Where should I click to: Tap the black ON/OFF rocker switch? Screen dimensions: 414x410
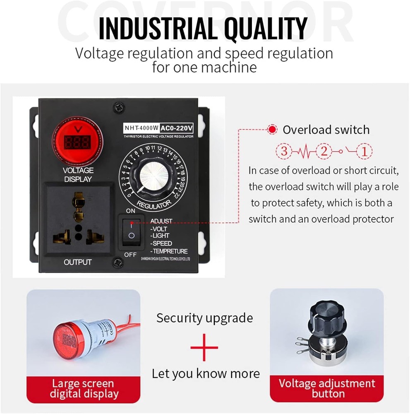(x=131, y=231)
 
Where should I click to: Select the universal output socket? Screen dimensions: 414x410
(x=77, y=219)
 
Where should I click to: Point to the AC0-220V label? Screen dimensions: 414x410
(x=176, y=128)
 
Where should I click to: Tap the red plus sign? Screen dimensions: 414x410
(x=204, y=347)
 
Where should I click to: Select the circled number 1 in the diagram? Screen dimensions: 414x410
(x=364, y=151)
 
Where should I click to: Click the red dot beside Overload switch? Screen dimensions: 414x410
(x=272, y=130)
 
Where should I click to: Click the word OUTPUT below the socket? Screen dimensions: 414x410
(x=78, y=262)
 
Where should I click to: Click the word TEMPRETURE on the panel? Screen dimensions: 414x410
(x=170, y=251)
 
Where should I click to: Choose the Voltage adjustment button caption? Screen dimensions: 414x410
(x=327, y=388)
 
